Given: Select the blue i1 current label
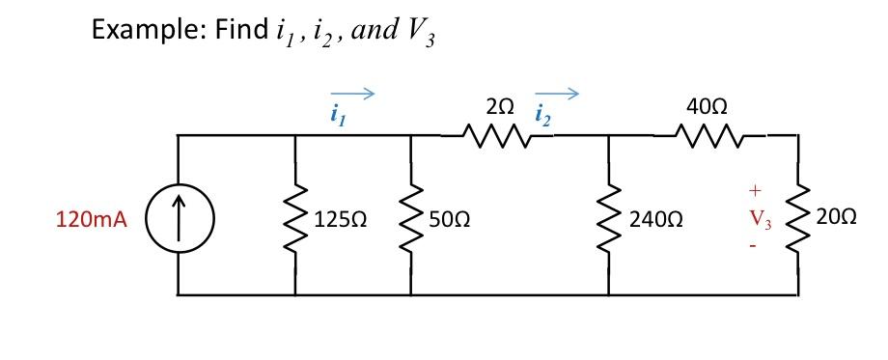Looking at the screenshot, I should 336,118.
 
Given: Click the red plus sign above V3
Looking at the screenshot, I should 758,189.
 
